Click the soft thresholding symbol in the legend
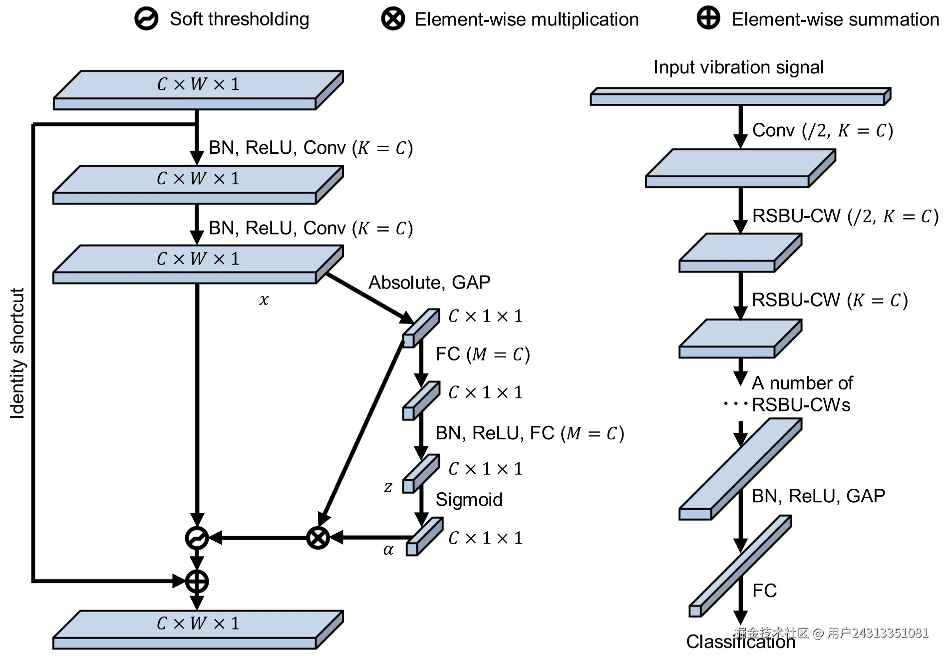coord(146,19)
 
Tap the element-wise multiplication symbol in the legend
coord(393,19)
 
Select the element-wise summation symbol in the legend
coord(708,18)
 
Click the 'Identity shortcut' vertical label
coord(17,353)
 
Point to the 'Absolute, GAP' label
coord(429,283)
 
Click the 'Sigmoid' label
coord(469,500)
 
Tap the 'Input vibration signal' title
coord(738,67)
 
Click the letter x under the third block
coord(264,300)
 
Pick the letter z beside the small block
coord(388,487)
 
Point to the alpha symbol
coord(388,550)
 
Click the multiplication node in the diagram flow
coord(318,538)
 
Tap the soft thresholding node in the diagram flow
coord(197,538)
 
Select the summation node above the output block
coord(197,581)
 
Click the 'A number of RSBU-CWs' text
coord(802,394)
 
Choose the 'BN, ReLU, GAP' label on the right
coord(818,496)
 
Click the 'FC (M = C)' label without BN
coord(482,354)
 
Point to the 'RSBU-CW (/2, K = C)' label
coord(845,216)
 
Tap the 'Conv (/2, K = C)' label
coord(822,130)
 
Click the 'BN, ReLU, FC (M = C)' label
coord(529,433)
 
